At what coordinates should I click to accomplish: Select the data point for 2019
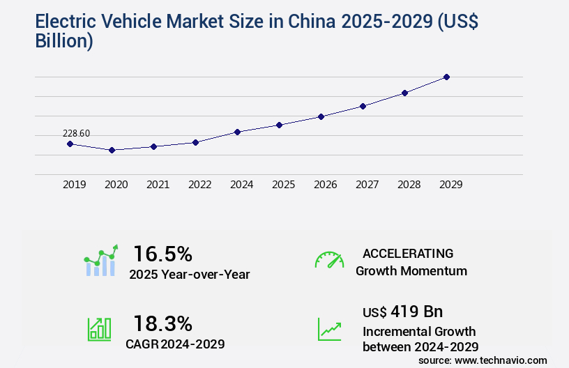70,144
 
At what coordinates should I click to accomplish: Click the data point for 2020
112,150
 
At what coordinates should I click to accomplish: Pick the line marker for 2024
237,132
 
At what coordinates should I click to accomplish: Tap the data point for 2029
446,77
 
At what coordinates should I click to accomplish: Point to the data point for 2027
363,106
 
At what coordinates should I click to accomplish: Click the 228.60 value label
76,133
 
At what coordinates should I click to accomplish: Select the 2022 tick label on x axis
199,185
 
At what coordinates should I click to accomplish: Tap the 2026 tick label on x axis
325,185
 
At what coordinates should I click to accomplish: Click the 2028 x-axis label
409,185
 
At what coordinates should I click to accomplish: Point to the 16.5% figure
162,253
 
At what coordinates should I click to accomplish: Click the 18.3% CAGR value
162,323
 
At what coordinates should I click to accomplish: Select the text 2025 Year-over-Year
189,275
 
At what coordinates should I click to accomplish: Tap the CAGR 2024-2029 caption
176,344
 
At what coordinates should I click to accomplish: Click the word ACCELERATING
407,253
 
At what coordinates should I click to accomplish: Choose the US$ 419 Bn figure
402,311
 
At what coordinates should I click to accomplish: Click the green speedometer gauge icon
329,260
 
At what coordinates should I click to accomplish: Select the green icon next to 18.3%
99,329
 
